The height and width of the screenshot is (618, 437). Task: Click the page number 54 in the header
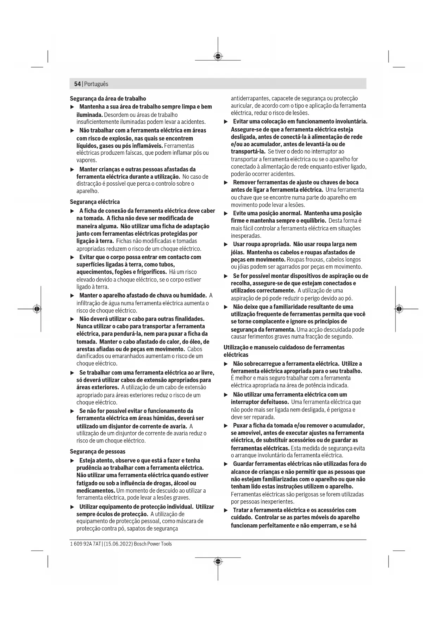pyautogui.click(x=77, y=84)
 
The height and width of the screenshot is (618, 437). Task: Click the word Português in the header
pyautogui.click(x=96, y=84)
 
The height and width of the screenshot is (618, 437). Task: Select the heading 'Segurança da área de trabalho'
pyautogui.click(x=108, y=99)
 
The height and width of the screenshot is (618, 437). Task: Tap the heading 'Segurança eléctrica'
pyautogui.click(x=95, y=202)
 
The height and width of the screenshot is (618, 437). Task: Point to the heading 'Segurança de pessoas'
pyautogui.click(x=98, y=451)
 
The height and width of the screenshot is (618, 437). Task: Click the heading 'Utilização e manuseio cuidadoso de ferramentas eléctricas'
pyautogui.click(x=284, y=351)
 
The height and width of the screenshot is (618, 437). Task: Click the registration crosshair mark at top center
pyautogui.click(x=218, y=56)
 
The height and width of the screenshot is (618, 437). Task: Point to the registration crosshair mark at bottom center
pyautogui.click(x=218, y=561)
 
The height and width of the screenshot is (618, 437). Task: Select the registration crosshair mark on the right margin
pyautogui.click(x=399, y=309)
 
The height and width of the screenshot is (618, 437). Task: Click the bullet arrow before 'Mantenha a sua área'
pyautogui.click(x=73, y=107)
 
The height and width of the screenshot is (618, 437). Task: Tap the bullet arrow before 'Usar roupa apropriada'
pyautogui.click(x=226, y=244)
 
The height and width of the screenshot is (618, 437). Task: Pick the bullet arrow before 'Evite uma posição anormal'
pyautogui.click(x=226, y=214)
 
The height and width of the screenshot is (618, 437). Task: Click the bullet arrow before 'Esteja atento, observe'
pyautogui.click(x=73, y=461)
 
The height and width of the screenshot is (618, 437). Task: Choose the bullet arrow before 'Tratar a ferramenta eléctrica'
pyautogui.click(x=226, y=510)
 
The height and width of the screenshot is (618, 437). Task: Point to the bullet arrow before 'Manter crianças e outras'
pyautogui.click(x=73, y=169)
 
